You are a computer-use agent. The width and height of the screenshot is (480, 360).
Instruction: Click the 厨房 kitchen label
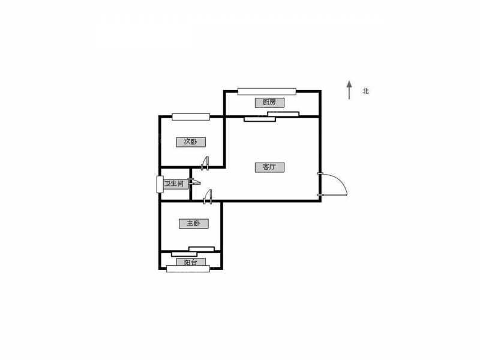269,103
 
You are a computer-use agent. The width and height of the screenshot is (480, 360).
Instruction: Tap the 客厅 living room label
269,167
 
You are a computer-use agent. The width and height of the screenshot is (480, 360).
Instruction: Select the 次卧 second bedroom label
191,142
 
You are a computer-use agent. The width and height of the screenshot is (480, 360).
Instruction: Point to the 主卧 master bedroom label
193,223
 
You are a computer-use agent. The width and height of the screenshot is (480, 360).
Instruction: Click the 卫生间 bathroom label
174,184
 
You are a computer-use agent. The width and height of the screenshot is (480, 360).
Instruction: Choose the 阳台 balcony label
191,262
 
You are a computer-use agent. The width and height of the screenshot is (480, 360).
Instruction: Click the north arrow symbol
349,90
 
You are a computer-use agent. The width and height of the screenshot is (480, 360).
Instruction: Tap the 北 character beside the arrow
365,91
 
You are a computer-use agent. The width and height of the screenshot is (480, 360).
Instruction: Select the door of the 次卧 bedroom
205,163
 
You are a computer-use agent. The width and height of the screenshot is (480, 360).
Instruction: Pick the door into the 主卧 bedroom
208,197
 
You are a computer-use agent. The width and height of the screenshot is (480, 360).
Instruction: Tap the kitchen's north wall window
267,91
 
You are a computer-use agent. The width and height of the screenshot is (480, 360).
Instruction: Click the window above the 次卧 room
191,116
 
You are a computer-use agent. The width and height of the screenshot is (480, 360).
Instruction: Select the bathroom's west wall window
160,185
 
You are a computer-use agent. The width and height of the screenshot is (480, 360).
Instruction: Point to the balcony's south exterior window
188,269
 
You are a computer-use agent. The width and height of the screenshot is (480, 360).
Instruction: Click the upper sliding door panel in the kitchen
283,114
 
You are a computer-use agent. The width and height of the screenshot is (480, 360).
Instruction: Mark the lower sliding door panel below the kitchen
260,119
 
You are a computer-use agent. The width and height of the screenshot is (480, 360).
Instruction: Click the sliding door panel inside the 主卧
202,249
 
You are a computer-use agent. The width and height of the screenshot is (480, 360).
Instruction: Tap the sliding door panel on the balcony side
184,254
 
